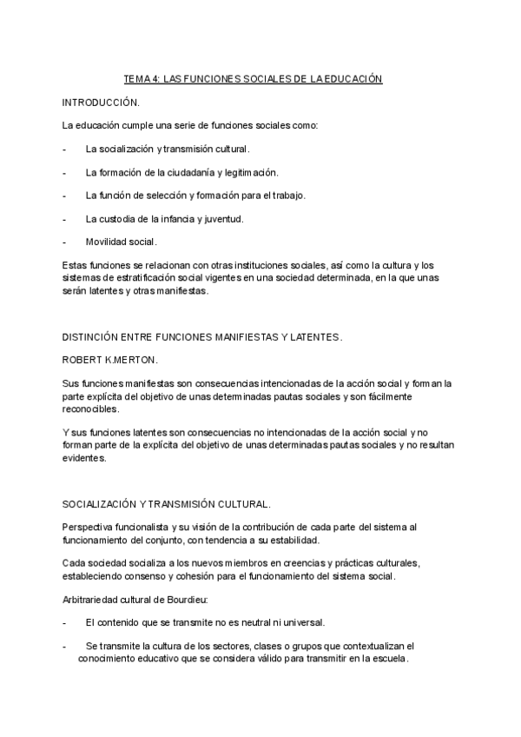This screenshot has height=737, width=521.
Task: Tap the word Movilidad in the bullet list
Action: click(x=107, y=241)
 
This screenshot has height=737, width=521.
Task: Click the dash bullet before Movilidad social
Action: click(x=65, y=241)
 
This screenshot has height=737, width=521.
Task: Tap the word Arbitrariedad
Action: click(x=93, y=599)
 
